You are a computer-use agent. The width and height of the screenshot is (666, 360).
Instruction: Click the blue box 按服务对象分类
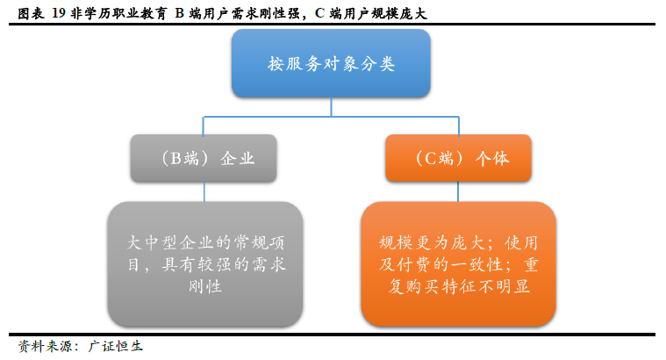[331, 63]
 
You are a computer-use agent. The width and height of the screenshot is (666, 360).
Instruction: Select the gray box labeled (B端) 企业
[204, 158]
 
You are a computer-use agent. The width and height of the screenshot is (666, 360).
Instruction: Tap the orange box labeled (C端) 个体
[458, 158]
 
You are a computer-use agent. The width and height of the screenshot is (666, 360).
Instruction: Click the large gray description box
[205, 264]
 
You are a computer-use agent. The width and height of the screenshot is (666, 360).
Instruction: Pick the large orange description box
[458, 264]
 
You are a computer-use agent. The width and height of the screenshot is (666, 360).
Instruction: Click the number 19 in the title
[59, 13]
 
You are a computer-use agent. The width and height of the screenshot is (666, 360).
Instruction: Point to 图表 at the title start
[31, 13]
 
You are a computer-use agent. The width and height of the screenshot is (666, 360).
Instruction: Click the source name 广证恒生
[115, 346]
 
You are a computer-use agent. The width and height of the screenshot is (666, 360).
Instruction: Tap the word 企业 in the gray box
[238, 159]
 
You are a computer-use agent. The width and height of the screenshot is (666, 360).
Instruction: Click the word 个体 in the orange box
[492, 159]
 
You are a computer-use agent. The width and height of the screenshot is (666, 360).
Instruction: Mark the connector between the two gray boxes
[204, 192]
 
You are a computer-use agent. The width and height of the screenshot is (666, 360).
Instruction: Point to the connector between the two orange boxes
[458, 192]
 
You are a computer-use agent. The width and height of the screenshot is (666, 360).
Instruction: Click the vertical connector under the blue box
[331, 107]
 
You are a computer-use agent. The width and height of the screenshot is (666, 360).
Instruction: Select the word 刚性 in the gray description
[205, 286]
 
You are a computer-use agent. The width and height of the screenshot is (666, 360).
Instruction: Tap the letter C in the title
[319, 13]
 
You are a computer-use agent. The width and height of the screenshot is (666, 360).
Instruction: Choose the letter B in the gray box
[175, 159]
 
